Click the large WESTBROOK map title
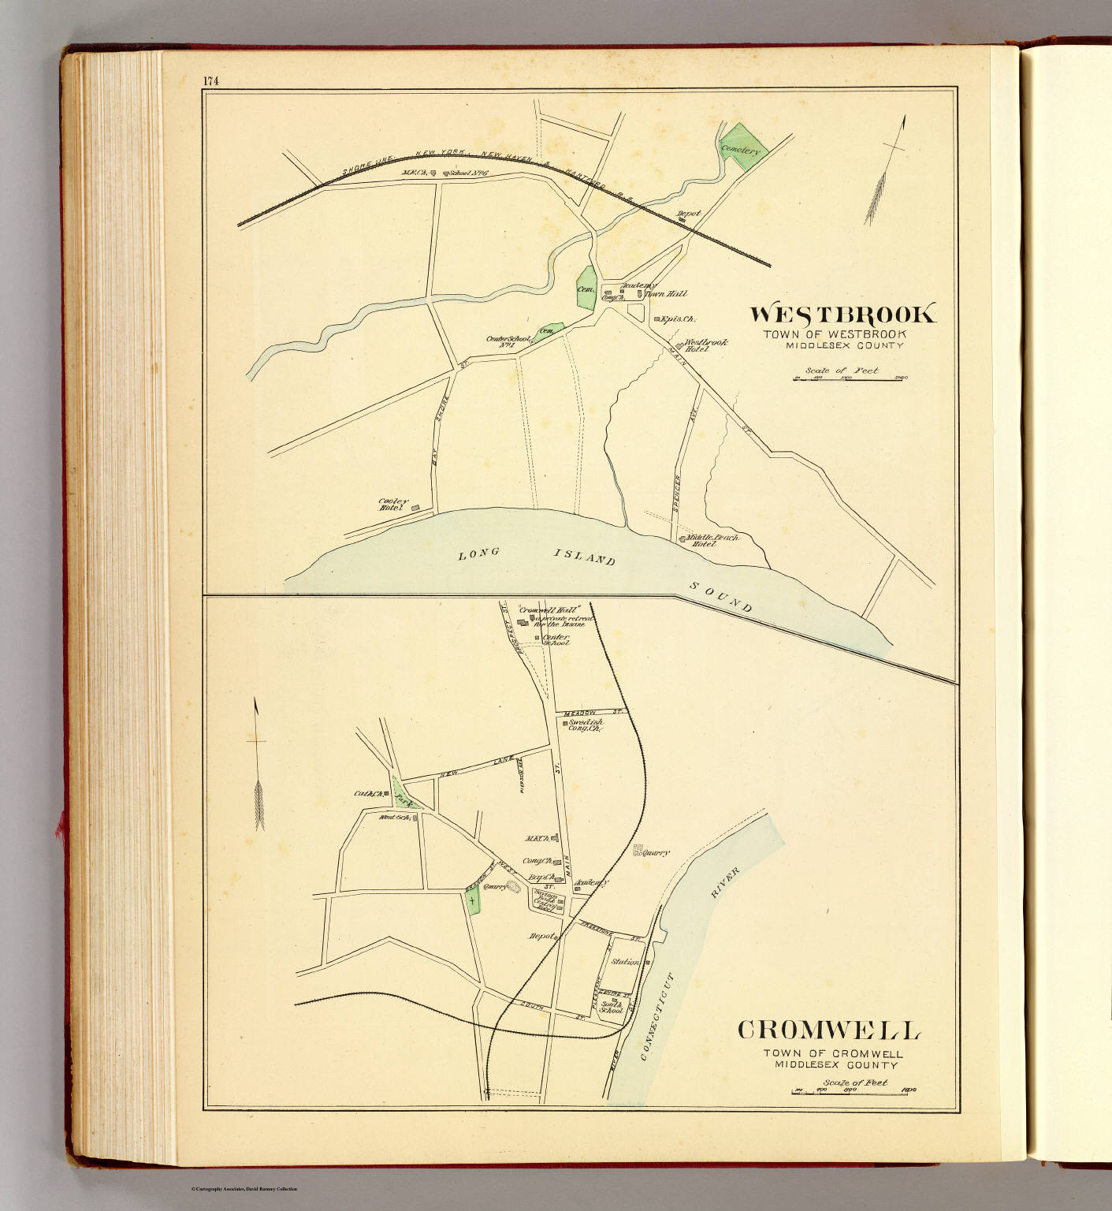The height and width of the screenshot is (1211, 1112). click(x=842, y=315)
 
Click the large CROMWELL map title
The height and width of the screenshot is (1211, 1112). click(x=829, y=1030)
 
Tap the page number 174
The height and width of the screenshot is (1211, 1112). click(x=210, y=80)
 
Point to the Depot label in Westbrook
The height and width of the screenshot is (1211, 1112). click(x=689, y=214)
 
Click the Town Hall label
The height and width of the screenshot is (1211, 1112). click(x=666, y=294)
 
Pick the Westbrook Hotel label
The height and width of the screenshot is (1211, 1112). click(x=705, y=345)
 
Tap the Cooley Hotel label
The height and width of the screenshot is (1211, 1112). click(x=393, y=505)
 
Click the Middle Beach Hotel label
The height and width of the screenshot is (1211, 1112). click(x=714, y=540)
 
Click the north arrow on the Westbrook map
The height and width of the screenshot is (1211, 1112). click(x=887, y=170)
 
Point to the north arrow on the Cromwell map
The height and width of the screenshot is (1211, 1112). click(x=258, y=765)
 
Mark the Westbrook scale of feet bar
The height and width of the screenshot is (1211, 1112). click(x=850, y=378)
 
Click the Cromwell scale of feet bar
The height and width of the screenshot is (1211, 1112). click(x=854, y=1091)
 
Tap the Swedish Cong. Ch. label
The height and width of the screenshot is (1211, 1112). click(x=586, y=725)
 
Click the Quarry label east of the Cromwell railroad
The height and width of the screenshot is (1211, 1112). click(x=656, y=852)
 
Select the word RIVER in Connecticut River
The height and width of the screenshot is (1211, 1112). click(x=724, y=882)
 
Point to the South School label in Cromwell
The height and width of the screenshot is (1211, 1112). click(x=612, y=1007)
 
